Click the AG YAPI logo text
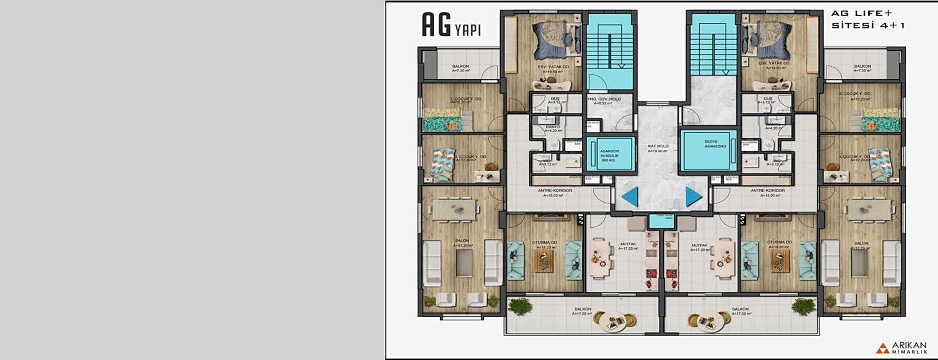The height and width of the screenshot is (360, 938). tap(451, 25)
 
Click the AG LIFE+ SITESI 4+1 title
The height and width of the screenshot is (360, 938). tap(868, 20)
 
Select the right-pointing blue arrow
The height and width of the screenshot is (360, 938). tap(693, 197)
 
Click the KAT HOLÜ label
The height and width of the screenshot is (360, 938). tap(658, 148)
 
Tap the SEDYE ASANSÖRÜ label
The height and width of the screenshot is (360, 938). tap(711, 143)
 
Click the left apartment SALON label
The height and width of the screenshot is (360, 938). tap(462, 242)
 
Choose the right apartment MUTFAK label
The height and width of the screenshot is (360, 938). tap(699, 247)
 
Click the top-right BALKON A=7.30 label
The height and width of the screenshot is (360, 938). tap(862, 68)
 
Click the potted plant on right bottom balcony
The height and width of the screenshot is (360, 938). tap(803, 306)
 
